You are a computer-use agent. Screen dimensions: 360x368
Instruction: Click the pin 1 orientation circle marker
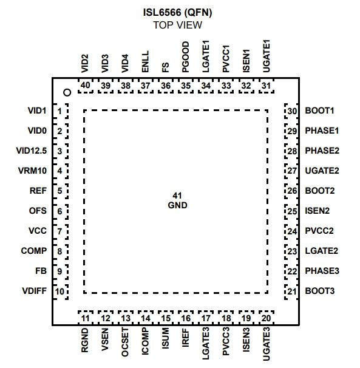67,92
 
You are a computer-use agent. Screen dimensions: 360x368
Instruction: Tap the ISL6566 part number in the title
162,12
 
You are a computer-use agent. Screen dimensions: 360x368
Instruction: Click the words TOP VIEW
178,25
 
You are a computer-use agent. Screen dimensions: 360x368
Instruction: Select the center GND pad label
177,205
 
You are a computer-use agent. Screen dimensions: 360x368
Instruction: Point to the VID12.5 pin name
32,151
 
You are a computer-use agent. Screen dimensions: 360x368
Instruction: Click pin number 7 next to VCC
59,231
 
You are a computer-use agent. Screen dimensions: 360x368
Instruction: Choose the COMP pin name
34,251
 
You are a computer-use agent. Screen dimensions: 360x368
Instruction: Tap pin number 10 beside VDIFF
59,291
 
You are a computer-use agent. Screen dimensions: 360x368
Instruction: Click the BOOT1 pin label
319,111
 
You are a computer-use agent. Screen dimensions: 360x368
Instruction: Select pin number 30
292,111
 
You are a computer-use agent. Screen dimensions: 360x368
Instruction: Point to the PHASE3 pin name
322,271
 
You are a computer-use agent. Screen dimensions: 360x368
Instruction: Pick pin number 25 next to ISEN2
292,211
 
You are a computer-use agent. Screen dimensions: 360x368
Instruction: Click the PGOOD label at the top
185,57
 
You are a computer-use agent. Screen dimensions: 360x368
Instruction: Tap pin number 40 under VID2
85,86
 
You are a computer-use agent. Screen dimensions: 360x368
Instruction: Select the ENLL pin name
145,61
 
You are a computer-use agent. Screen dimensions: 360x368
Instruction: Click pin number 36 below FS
166,86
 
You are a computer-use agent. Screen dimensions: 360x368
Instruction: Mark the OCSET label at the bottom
125,342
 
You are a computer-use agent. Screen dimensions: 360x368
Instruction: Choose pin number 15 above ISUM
166,318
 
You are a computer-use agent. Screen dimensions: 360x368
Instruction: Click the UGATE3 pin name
266,344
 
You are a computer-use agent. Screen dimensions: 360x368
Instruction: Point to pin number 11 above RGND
85,318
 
